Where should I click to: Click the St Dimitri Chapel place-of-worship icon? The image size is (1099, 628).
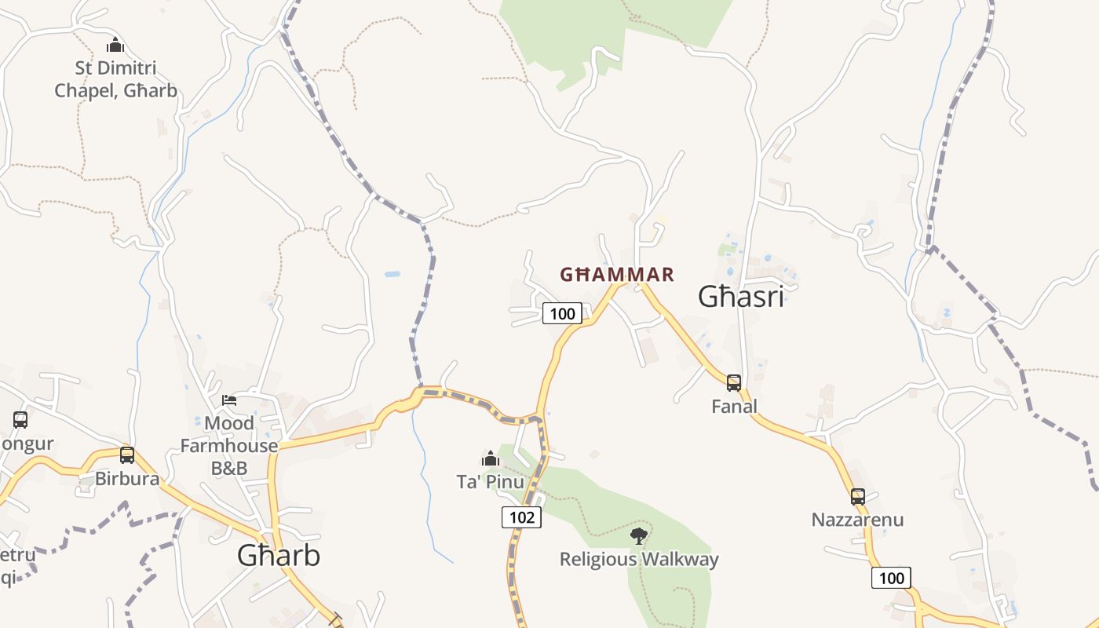(x=115, y=45)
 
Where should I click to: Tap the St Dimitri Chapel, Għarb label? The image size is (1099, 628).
(x=115, y=79)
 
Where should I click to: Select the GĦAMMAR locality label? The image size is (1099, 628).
(x=617, y=275)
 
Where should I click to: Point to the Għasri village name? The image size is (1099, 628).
(x=741, y=298)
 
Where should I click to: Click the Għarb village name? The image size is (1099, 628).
(x=279, y=556)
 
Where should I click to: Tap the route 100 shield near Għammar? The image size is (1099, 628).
(x=562, y=314)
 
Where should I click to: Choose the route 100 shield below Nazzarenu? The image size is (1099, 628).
(x=891, y=579)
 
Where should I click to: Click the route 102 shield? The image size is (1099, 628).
(x=521, y=517)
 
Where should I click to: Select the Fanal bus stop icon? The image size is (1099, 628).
(x=734, y=383)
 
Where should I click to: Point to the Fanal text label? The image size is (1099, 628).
(x=734, y=407)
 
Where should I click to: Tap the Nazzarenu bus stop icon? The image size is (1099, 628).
(x=858, y=496)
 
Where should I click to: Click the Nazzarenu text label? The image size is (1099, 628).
(x=857, y=520)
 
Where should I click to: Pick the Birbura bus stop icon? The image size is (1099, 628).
(x=127, y=455)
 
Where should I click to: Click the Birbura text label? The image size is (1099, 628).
(x=127, y=479)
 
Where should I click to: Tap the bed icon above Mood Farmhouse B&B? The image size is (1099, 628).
(x=229, y=400)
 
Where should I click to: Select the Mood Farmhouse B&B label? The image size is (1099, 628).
(x=229, y=446)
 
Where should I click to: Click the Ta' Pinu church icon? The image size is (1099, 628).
(x=491, y=458)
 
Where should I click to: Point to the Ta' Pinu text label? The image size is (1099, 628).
(x=491, y=481)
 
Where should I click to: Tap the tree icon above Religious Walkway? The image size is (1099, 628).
(x=639, y=536)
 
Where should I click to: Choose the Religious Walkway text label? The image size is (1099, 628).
(x=639, y=560)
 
